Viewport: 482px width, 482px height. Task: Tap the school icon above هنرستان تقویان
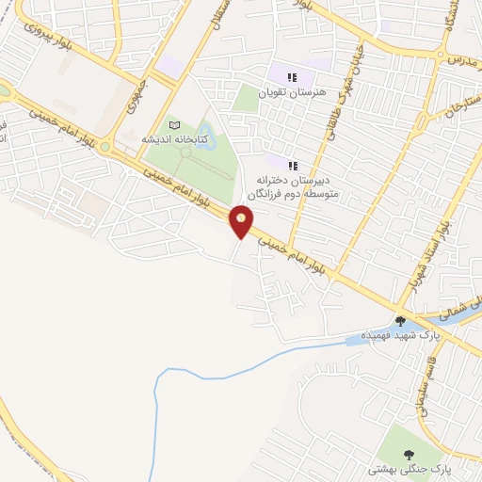pos(292,76)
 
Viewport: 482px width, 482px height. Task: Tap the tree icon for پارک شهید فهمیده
pos(400,321)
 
